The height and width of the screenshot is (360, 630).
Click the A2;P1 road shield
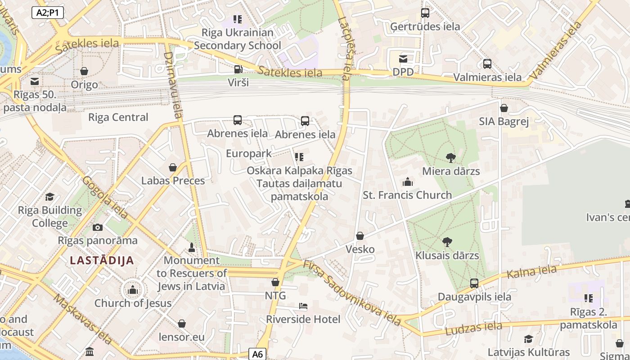pos(48,13)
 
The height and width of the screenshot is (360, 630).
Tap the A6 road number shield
pos(257,354)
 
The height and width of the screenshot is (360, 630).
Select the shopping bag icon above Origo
pos(84,71)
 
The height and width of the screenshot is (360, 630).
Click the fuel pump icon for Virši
pos(238,69)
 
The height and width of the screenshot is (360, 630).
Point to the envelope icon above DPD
pos(403,58)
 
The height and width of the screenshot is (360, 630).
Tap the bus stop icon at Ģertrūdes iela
pos(425,13)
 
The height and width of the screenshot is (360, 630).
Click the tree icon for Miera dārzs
pos(450,157)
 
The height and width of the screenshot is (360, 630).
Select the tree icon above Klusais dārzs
pos(447,242)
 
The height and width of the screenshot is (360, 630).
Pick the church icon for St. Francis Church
pos(408,182)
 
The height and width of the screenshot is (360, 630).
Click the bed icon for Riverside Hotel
pos(303,306)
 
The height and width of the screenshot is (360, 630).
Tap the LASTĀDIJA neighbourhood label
pos(102,261)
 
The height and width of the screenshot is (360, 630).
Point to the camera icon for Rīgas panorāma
pos(98,227)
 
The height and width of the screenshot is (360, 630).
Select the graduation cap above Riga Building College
pos(50,197)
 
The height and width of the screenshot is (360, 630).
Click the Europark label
pos(249,153)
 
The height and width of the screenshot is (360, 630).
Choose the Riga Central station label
pos(118,117)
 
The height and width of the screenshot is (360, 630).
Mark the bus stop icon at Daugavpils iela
pos(474,283)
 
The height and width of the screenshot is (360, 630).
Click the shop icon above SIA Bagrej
pos(504,108)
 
